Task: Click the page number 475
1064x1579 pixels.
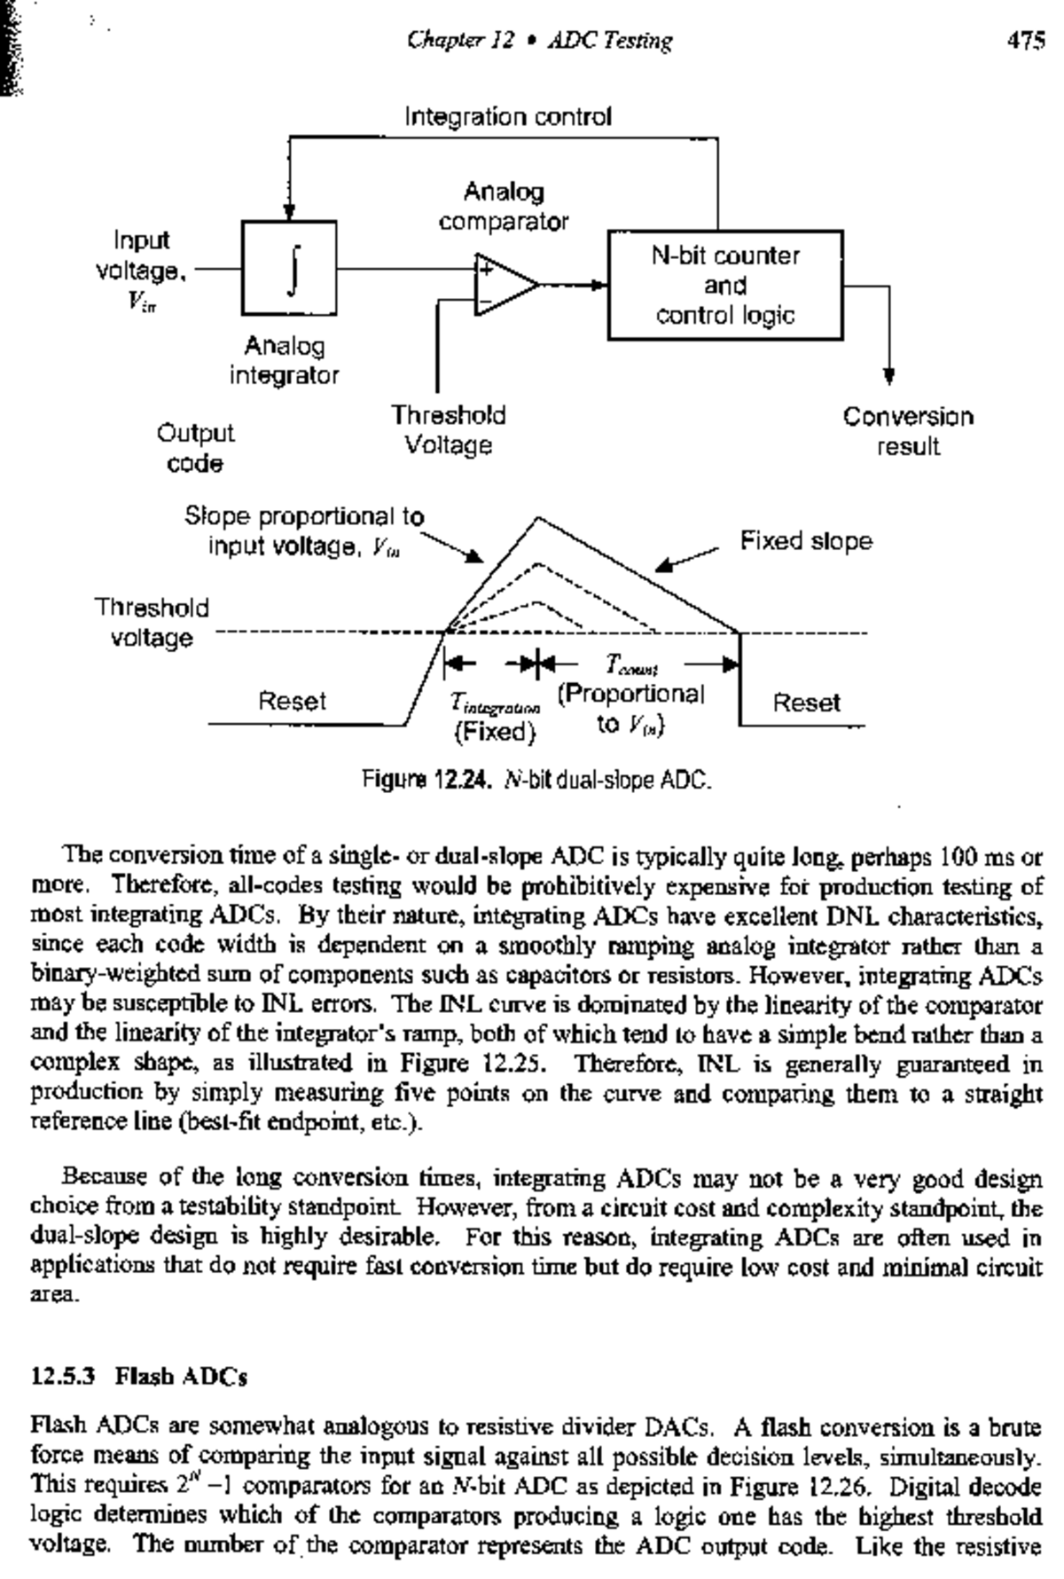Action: (1026, 40)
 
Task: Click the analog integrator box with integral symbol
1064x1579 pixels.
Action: (289, 268)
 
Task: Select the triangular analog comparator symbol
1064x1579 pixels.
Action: (504, 285)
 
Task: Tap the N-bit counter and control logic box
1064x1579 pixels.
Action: (724, 286)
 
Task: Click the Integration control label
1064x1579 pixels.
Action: (508, 117)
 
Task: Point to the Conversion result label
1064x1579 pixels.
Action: (907, 431)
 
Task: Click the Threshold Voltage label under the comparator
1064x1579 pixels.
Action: (449, 430)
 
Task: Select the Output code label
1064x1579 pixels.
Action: (195, 448)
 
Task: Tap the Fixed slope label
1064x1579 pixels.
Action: (806, 541)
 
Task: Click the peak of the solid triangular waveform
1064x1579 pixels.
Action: (536, 518)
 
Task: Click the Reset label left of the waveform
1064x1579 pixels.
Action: (292, 701)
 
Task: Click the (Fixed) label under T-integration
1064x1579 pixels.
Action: (495, 733)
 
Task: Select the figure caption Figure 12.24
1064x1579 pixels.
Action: (536, 781)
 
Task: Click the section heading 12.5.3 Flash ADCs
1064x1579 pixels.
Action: (139, 1377)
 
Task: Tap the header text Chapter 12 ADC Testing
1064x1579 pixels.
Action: (539, 40)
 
